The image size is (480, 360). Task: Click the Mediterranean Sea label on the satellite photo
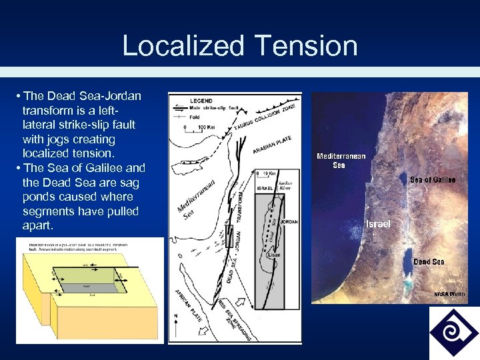(340, 160)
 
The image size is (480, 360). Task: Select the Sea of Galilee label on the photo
(433, 180)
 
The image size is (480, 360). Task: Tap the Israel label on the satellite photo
(378, 225)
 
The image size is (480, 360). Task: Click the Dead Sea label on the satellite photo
(428, 262)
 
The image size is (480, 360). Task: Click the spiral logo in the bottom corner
(453, 332)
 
